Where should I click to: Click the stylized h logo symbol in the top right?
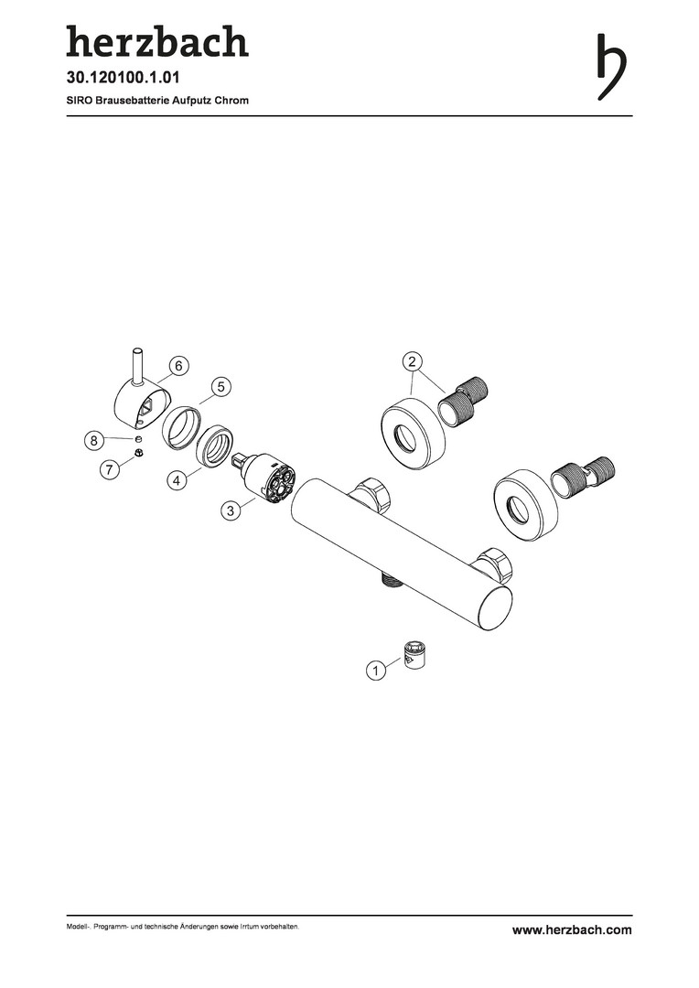pyautogui.click(x=611, y=66)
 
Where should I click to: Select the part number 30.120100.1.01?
pyautogui.click(x=124, y=78)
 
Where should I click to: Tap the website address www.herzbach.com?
pyautogui.click(x=572, y=929)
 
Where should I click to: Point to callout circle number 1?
pyautogui.click(x=376, y=671)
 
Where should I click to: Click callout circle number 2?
pyautogui.click(x=413, y=361)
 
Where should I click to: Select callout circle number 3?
pyautogui.click(x=231, y=510)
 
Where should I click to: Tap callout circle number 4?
pyautogui.click(x=177, y=480)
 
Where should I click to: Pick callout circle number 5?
pyautogui.click(x=221, y=387)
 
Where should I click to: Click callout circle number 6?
pyautogui.click(x=178, y=365)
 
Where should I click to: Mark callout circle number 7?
pyautogui.click(x=110, y=468)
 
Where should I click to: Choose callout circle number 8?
pyautogui.click(x=94, y=440)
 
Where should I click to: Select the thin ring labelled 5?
pyautogui.click(x=182, y=428)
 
